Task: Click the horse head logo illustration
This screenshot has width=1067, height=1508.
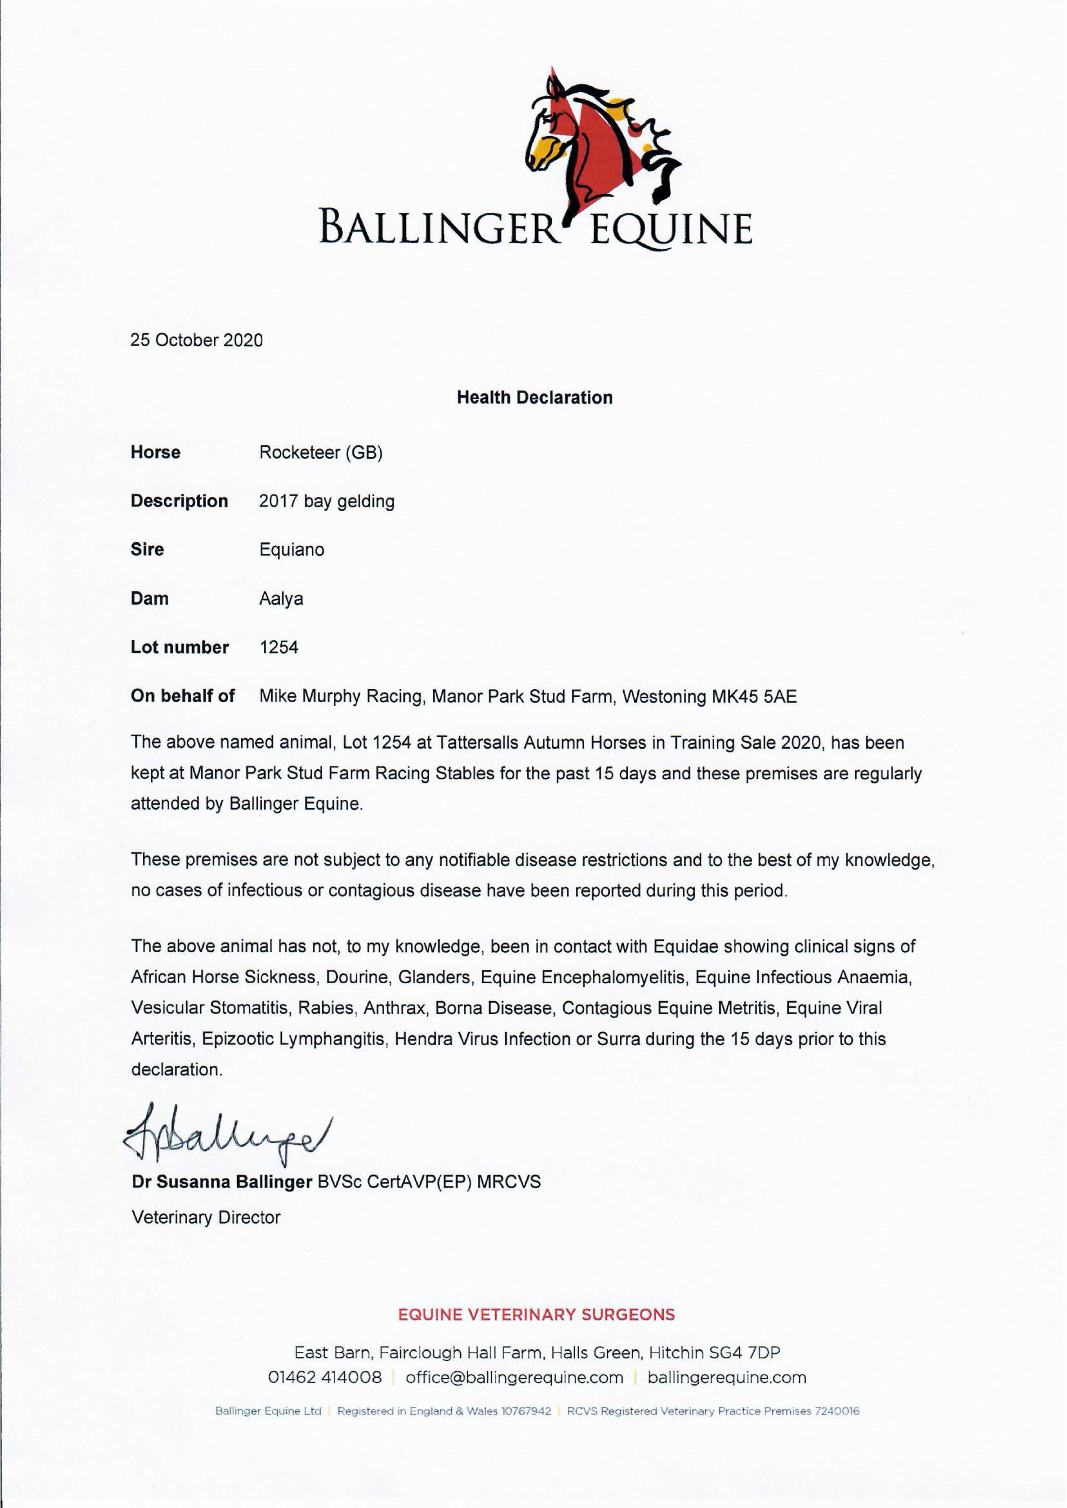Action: point(595,141)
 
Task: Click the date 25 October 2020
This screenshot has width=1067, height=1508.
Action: point(197,341)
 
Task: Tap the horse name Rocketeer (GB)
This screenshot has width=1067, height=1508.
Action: point(320,453)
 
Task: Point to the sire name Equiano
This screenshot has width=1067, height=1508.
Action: point(292,550)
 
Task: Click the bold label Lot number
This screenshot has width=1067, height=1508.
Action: point(179,647)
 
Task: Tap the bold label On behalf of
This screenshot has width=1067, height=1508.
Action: point(183,696)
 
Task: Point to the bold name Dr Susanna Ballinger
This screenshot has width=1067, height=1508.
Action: point(222,1182)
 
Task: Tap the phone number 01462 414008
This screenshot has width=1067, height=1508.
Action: point(325,1378)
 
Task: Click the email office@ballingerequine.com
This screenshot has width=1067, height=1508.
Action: point(514,1378)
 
